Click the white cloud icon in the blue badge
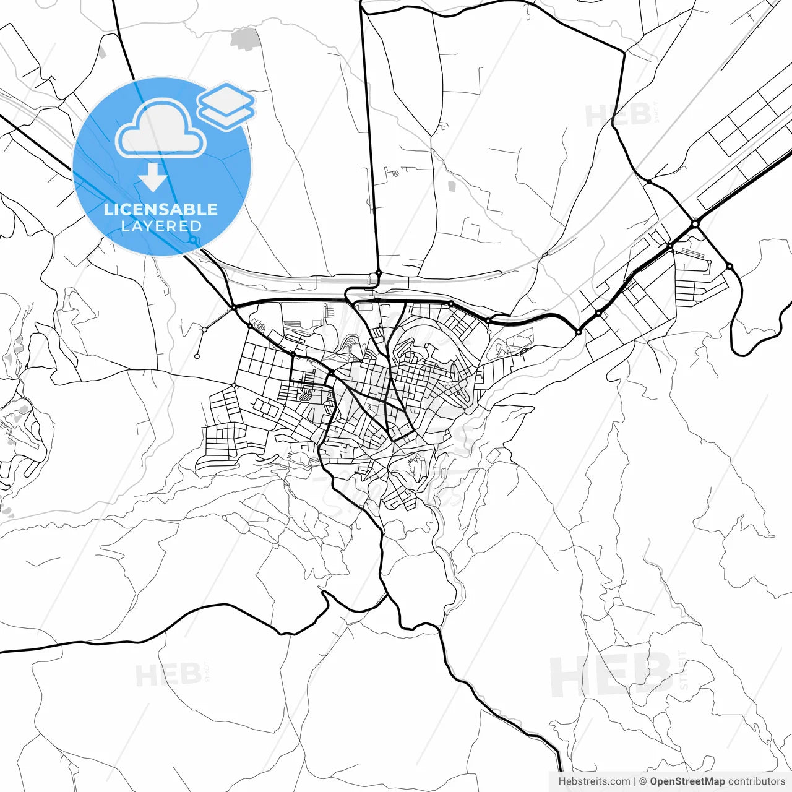pos(161,130)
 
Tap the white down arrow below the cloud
pos(153,177)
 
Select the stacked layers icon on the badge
pos(226,106)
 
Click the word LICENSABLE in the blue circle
pos(161,209)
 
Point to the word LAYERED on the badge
pos(161,226)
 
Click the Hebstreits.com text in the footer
pos(594,781)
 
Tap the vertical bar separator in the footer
pos(635,781)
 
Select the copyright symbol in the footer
pos(643,781)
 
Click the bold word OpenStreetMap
pos(687,781)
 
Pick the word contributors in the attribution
pos(756,781)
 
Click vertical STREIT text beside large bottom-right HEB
pos(683,670)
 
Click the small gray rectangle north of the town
pos(452,186)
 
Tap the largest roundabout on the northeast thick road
pos(695,223)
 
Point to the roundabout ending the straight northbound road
pos(378,273)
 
